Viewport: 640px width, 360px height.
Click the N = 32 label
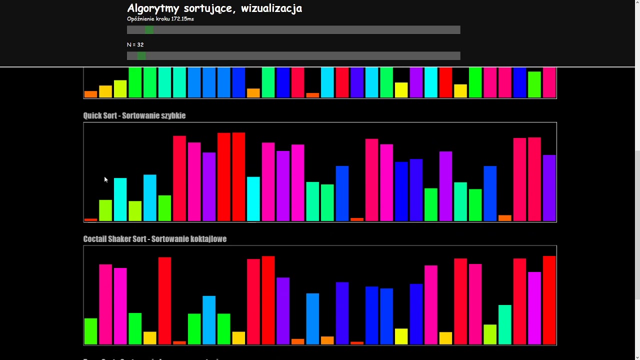(x=135, y=45)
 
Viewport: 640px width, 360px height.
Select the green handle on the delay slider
(x=149, y=30)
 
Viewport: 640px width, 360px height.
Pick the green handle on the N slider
(x=141, y=56)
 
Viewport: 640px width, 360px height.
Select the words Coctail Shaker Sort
(x=115, y=239)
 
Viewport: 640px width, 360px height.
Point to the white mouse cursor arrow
(x=105, y=179)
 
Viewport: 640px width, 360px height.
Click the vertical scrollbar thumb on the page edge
(x=636, y=225)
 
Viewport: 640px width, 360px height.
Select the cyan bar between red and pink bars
(x=253, y=198)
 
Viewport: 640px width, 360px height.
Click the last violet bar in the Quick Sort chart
(x=549, y=188)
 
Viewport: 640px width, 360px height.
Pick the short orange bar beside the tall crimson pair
(x=505, y=218)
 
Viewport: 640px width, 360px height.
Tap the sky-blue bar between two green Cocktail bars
(x=209, y=320)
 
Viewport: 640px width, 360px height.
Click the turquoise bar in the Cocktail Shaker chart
(x=505, y=324)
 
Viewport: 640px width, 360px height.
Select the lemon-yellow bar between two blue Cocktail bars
(x=401, y=336)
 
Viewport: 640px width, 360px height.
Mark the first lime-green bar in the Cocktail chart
(x=90, y=331)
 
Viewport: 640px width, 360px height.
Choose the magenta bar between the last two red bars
(x=534, y=308)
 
